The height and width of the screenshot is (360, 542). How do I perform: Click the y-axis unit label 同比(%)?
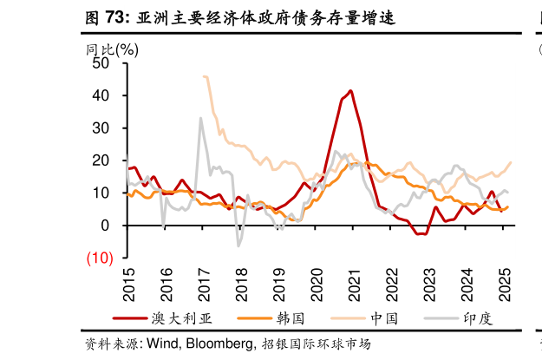[112, 49]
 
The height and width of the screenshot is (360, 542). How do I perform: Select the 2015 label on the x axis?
[129, 283]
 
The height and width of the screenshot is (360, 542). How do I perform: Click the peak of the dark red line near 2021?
[350, 90]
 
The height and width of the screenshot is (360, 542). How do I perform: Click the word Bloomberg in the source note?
[215, 344]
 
